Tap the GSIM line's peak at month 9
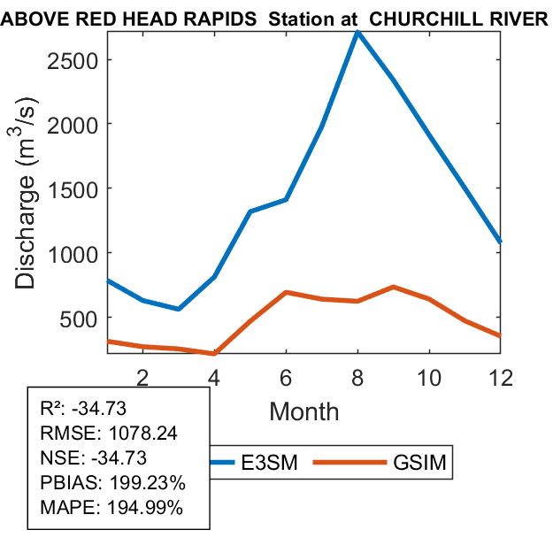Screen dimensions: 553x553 (393, 287)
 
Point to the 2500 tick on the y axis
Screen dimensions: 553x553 (73, 59)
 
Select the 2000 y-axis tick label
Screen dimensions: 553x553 (73, 124)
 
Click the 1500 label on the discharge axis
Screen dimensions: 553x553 (73, 188)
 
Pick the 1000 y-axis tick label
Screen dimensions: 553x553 (73, 253)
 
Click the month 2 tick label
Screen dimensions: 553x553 (142, 376)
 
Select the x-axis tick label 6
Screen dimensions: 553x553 (286, 376)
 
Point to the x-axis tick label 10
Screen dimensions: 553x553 (428, 376)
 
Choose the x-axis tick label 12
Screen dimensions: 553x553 (501, 376)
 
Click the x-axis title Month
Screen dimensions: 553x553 (303, 411)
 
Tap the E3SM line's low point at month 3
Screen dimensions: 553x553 (179, 309)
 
